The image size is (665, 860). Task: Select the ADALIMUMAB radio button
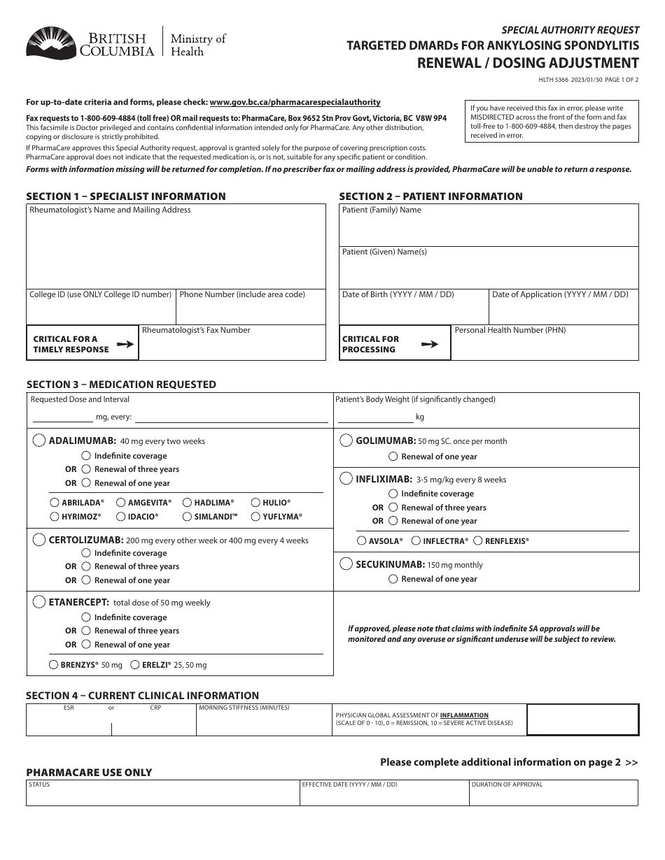[x=39, y=440]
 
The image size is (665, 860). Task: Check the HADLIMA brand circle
[x=187, y=503]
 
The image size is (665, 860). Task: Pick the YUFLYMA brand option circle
[x=255, y=517]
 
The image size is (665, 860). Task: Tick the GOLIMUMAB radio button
[x=346, y=440]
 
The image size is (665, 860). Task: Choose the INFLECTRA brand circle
[x=416, y=541]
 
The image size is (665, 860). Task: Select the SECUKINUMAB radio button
[x=346, y=564]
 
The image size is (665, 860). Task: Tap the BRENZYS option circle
[x=54, y=665]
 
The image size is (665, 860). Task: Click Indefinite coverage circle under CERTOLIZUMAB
[x=86, y=553]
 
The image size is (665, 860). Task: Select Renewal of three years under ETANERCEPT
[x=86, y=631]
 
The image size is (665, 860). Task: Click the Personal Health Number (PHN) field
[x=545, y=347]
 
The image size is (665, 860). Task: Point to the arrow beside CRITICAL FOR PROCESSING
[x=430, y=344]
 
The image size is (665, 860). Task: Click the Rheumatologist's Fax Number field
[x=232, y=347]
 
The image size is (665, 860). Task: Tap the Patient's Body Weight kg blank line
[x=375, y=417]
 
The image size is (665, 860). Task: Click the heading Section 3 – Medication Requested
[x=121, y=385]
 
